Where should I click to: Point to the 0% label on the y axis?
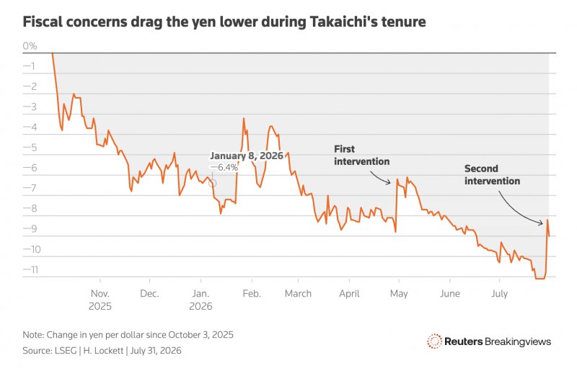tap(30, 46)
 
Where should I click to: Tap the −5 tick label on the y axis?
tap(30, 148)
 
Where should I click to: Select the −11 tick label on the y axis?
tap(30, 269)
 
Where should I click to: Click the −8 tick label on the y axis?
tap(30, 209)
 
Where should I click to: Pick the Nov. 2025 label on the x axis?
tap(100, 300)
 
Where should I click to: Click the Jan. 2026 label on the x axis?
tap(201, 300)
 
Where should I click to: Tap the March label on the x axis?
tap(298, 293)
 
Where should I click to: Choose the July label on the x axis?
tap(499, 294)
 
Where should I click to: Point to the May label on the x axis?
tap(399, 294)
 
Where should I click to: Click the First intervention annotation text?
tap(361, 156)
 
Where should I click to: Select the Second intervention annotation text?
tap(492, 175)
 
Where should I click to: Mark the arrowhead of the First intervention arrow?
tap(389, 182)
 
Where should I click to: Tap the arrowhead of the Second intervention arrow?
tap(541, 223)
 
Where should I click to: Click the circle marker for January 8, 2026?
tap(212, 183)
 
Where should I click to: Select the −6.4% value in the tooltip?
tap(224, 168)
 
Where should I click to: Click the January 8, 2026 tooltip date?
tap(247, 156)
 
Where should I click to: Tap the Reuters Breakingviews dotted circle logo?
tap(434, 341)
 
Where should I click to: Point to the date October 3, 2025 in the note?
tap(201, 335)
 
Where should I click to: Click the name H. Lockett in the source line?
tap(103, 351)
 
